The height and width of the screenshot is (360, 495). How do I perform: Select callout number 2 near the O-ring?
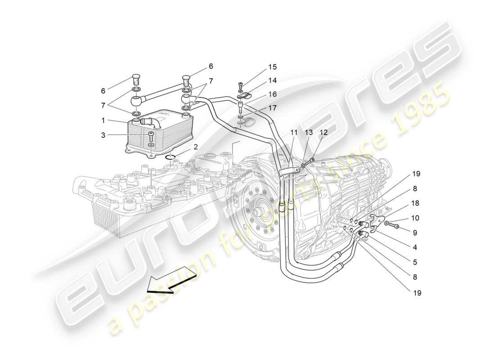click(x=196, y=147)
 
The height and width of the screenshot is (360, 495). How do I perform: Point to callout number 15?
click(x=272, y=67)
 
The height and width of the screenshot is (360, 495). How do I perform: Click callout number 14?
click(x=272, y=81)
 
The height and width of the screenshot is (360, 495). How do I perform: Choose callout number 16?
click(x=272, y=94)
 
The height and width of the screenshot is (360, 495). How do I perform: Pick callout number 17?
click(x=272, y=108)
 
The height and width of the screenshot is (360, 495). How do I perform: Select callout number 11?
click(x=294, y=133)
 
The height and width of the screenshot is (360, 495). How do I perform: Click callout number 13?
click(x=308, y=133)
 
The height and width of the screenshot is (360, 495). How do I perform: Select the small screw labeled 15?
click(x=241, y=85)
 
